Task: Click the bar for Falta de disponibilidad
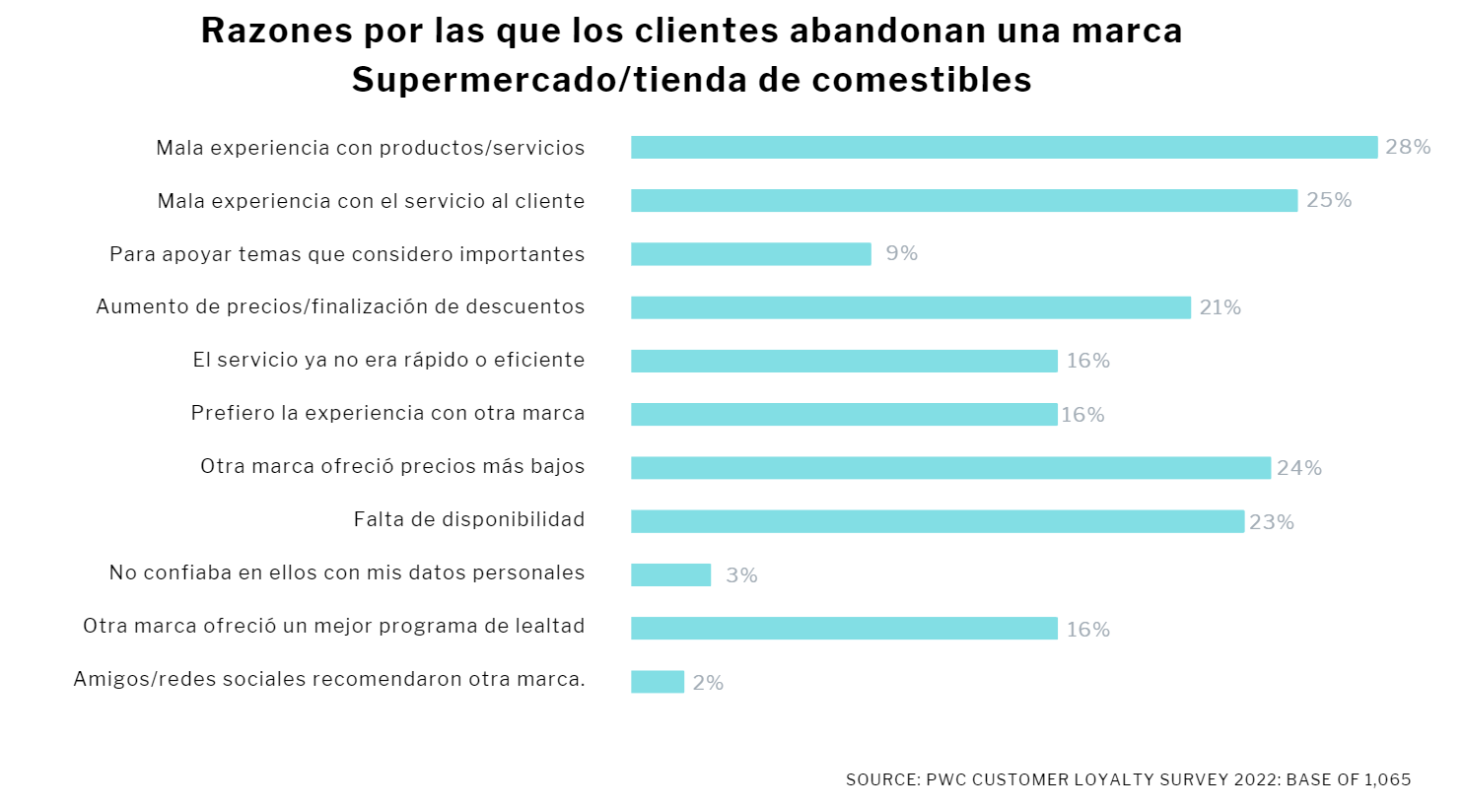937,521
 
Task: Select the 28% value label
1408,147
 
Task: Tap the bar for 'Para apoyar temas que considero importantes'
750,254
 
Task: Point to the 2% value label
708,683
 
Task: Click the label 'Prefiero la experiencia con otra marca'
387,413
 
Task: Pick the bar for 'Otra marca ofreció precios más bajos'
950,468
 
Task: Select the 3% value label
741,575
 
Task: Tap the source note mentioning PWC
1128,779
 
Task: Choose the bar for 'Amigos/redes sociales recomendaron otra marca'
658,682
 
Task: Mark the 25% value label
1329,200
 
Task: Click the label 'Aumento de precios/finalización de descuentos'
340,306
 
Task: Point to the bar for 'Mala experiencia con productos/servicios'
1004,148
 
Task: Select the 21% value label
1220,307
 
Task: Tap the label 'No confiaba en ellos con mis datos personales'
347,572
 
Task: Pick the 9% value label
901,253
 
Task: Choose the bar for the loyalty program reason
844,629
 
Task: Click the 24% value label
1298,468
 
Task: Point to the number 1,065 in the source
1387,779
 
